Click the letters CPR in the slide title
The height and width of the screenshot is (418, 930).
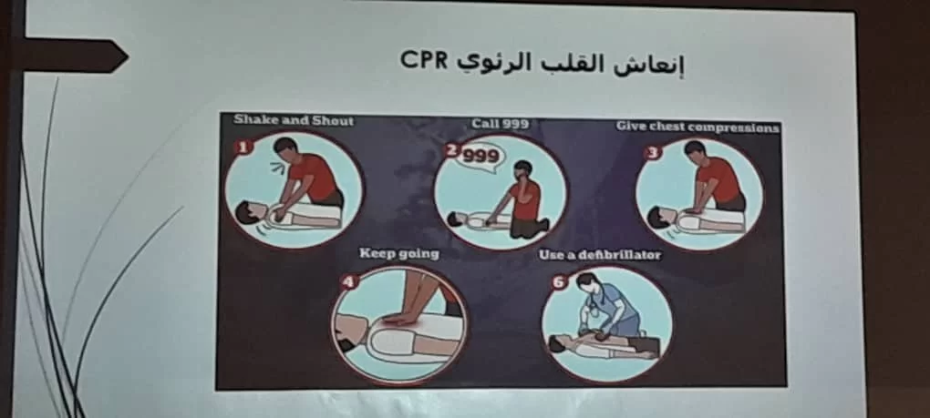click(423, 60)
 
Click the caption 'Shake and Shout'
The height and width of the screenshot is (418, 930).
click(293, 121)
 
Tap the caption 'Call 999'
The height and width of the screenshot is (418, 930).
click(500, 124)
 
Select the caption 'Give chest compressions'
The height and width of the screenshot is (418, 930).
click(697, 127)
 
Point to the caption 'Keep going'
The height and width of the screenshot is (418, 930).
click(399, 254)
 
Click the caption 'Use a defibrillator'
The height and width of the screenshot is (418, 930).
click(600, 255)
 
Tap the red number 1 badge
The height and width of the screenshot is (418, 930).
click(243, 147)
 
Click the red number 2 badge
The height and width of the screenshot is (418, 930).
click(452, 149)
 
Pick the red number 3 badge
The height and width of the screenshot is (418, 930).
click(653, 153)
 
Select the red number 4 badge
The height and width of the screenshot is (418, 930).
click(348, 281)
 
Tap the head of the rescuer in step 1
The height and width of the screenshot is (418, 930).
click(285, 148)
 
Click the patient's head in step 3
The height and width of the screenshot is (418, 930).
click(657, 218)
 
